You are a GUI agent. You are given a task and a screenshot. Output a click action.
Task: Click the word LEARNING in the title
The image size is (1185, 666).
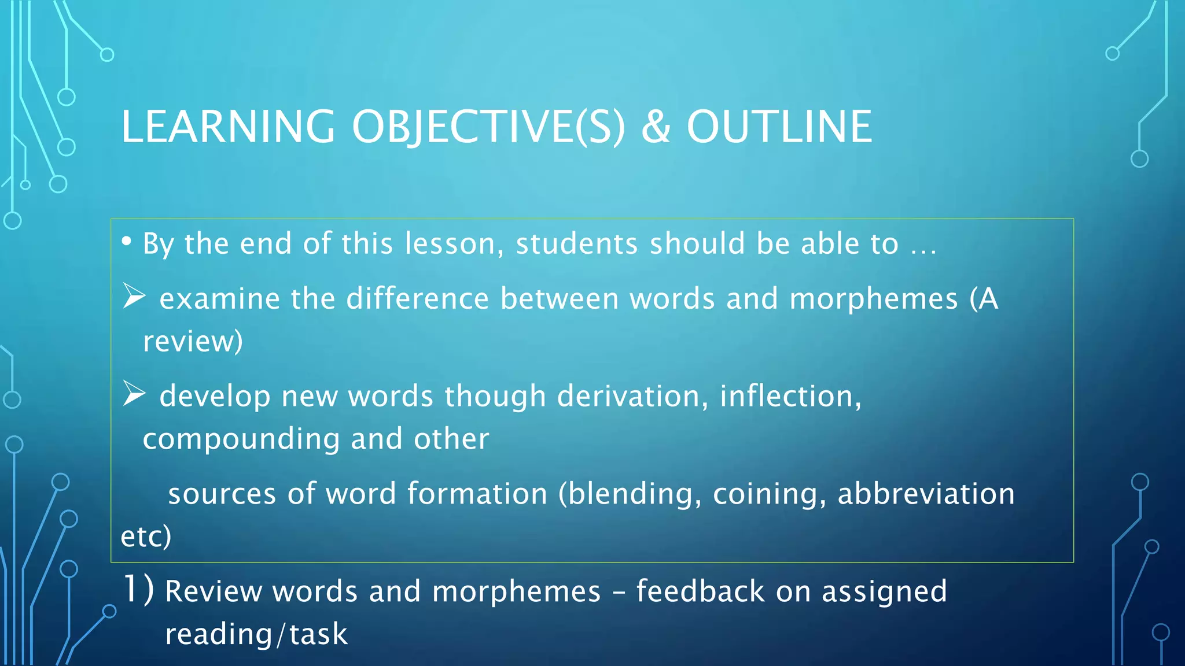click(x=227, y=127)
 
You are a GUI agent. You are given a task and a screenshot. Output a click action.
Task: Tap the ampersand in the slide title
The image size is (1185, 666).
click(x=656, y=127)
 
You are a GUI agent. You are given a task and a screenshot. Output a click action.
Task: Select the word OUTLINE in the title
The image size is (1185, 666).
click(x=779, y=127)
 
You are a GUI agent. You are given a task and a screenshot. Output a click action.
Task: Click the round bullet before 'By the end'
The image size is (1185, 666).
click(x=126, y=242)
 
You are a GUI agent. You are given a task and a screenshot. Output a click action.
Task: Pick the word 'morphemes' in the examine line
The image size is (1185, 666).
click(x=873, y=299)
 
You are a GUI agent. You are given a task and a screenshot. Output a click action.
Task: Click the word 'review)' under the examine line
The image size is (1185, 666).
click(x=193, y=342)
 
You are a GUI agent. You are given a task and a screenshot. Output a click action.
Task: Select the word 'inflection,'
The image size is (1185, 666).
click(x=790, y=397)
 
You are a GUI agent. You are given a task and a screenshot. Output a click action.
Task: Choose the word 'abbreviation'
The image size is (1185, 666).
click(x=926, y=494)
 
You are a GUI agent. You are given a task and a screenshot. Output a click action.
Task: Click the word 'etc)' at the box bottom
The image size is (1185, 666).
click(x=146, y=536)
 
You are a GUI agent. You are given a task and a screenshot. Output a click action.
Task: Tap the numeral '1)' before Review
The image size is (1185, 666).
click(x=138, y=590)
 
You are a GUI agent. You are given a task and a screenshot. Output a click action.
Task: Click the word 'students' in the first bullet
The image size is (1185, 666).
click(x=577, y=243)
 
